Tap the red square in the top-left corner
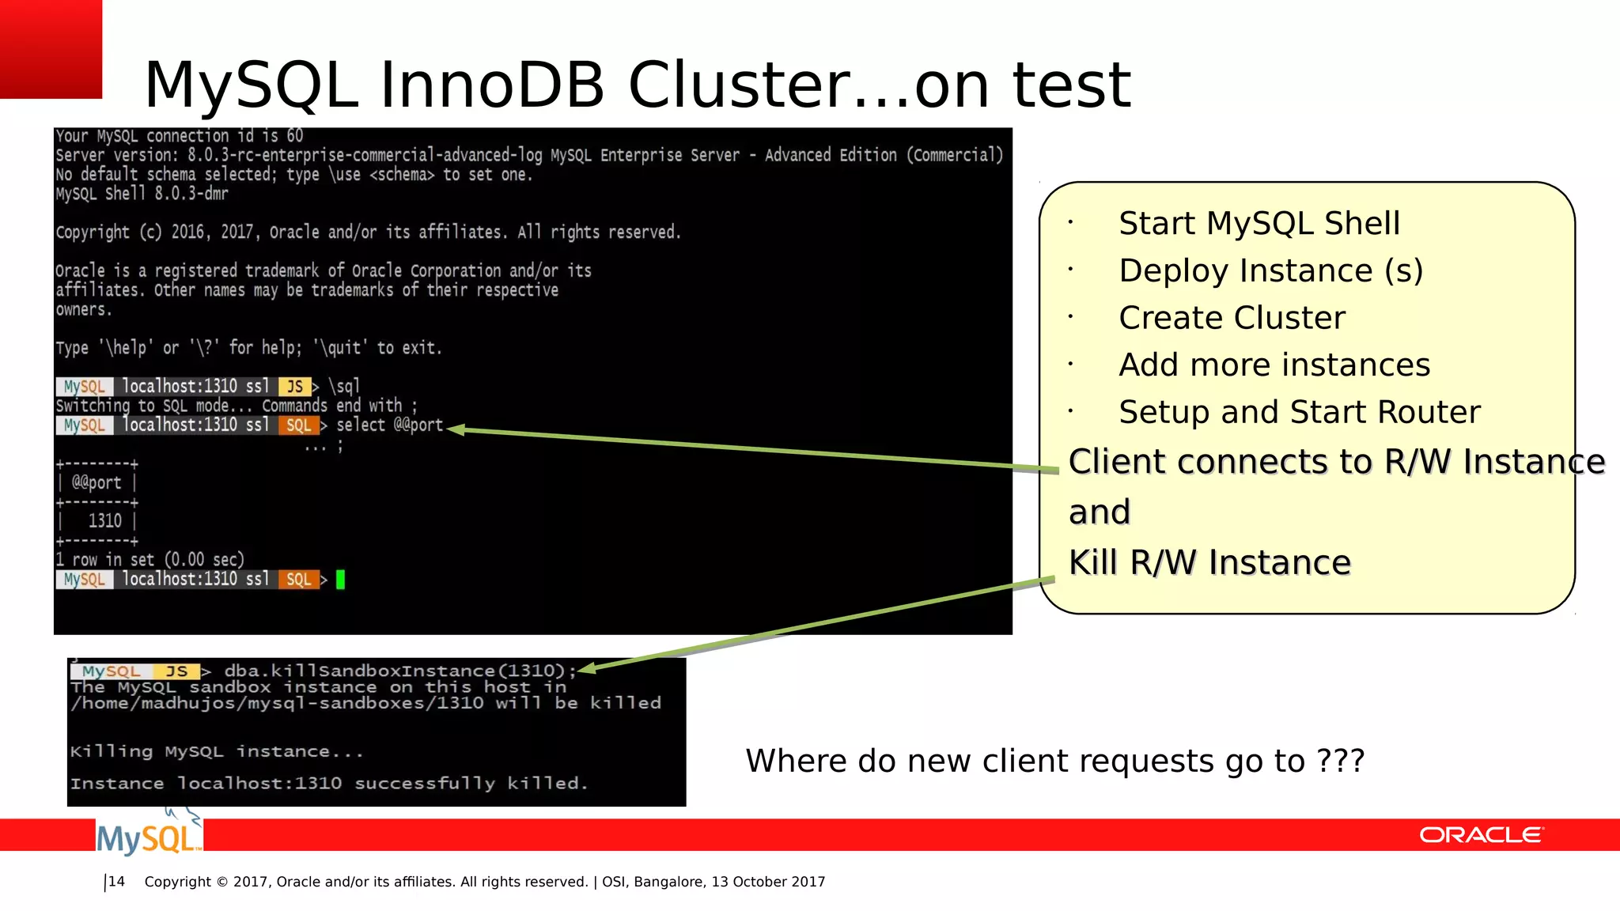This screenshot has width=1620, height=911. (x=51, y=48)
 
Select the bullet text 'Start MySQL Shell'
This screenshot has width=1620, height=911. (x=1259, y=224)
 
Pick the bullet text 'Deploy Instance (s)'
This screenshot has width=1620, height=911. (x=1270, y=271)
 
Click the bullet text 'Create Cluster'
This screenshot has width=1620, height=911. (x=1232, y=318)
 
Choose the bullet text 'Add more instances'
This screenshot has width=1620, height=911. (x=1274, y=365)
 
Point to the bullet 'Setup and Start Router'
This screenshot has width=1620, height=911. (x=1299, y=412)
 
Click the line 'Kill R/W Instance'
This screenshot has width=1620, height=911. (x=1209, y=563)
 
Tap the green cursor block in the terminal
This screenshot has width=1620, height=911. (x=341, y=580)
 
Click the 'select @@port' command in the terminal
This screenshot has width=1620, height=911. (x=389, y=425)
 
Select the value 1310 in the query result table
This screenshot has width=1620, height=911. (x=104, y=521)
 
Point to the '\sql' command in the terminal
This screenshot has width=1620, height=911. (x=344, y=387)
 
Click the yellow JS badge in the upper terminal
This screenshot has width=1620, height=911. (x=294, y=387)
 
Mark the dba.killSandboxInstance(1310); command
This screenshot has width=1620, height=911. (x=395, y=671)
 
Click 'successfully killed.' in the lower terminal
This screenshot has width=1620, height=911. (x=471, y=784)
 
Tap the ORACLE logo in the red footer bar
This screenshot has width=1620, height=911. (x=1480, y=835)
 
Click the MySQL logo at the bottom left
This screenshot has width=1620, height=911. (x=148, y=837)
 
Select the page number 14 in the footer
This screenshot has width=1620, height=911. (x=116, y=882)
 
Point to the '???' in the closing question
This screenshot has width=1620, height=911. (x=1340, y=761)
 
